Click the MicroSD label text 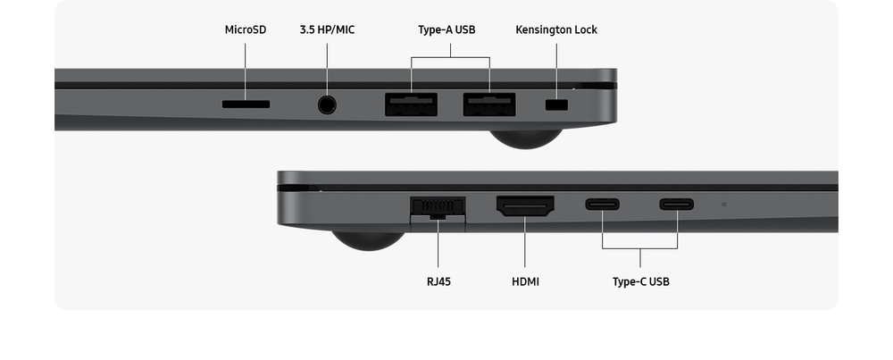246,29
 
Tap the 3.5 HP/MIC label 327,29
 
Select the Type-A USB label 446,29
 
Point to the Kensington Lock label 556,29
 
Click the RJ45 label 438,281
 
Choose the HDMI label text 525,281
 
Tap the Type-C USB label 640,281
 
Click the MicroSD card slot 246,105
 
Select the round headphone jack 327,105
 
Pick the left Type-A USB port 411,105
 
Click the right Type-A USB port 489,105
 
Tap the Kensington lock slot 556,105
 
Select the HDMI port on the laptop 525,206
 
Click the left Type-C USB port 603,204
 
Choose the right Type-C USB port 677,204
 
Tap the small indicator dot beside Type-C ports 724,204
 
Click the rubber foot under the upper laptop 526,139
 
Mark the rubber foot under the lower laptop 369,240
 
